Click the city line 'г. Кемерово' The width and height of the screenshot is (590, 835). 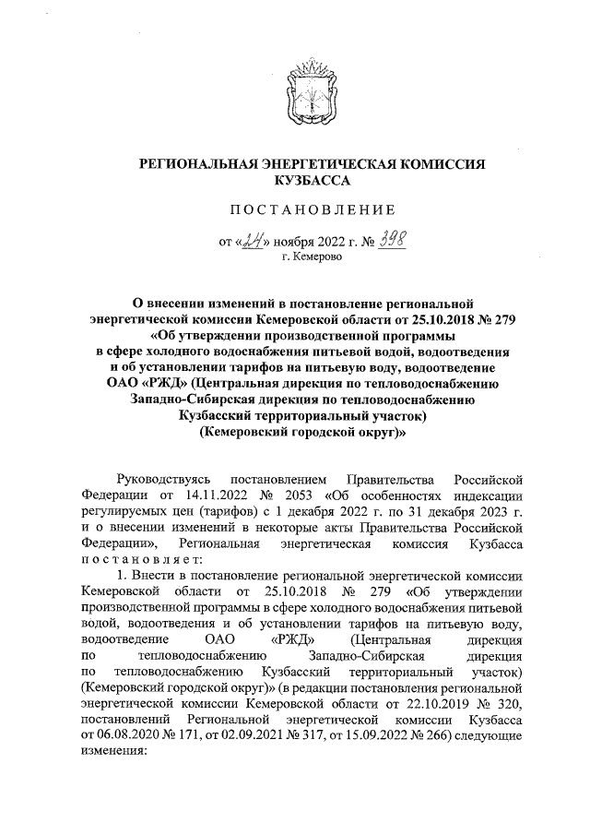point(311,259)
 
